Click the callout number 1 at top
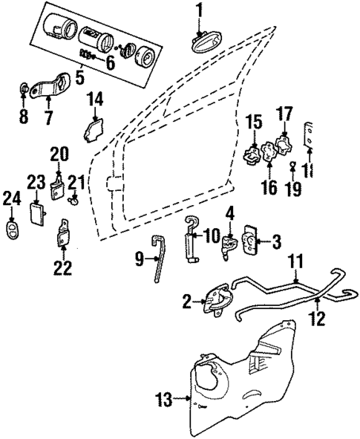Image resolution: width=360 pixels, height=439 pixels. (199, 10)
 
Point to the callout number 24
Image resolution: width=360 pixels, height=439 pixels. (12, 198)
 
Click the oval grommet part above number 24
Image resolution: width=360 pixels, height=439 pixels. (13, 226)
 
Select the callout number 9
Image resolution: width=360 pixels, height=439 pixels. (140, 259)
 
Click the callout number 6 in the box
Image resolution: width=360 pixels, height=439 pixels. (110, 62)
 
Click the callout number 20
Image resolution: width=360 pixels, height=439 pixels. (59, 154)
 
